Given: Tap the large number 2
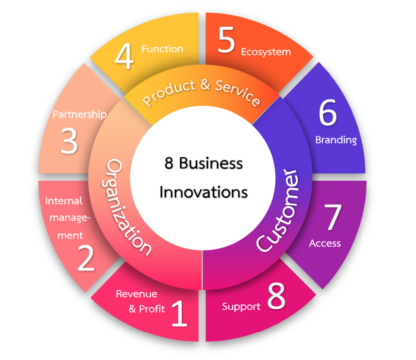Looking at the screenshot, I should pos(86,258).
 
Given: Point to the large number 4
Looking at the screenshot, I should pos(124,56).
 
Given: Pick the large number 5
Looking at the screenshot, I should pos(226,41).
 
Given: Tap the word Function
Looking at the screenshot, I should pos(162,49).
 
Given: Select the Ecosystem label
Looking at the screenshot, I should pos(266,52).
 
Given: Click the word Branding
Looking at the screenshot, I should pos(336,140).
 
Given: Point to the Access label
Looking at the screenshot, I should pos(325,243).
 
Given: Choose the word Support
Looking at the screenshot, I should pos(241,307).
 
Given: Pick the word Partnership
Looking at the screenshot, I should pos(80,114).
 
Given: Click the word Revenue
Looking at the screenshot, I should pos(137,294).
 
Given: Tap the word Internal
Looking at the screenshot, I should pos(64,201).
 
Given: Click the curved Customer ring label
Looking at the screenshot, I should pos(279,210).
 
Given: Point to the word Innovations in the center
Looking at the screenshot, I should pos(204,192).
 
